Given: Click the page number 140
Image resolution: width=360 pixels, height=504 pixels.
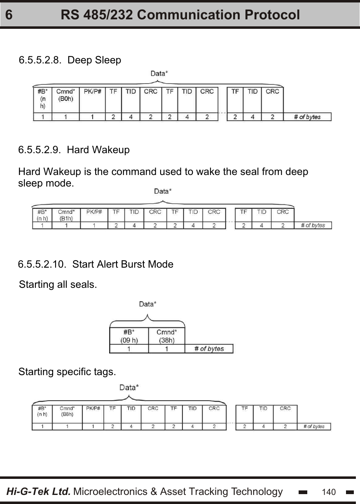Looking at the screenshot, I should pyautogui.click(x=329, y=492).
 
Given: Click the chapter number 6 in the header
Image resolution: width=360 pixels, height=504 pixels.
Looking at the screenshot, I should pyautogui.click(x=9, y=15).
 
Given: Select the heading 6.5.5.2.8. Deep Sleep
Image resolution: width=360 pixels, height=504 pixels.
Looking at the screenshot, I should pyautogui.click(x=70, y=60).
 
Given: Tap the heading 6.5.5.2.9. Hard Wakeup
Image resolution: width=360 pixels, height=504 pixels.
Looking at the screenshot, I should pyautogui.click(x=74, y=150).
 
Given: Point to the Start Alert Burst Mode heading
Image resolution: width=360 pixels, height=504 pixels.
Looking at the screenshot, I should pyautogui.click(x=96, y=264).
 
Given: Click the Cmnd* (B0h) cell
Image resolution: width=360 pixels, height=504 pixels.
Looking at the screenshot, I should pyautogui.click(x=65, y=95).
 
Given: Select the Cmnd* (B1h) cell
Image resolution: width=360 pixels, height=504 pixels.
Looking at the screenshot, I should pyautogui.click(x=66, y=215).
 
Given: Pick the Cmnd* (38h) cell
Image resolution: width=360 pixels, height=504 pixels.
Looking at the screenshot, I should pyautogui.click(x=166, y=336).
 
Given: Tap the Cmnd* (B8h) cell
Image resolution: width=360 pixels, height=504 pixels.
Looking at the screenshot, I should pyautogui.click(x=67, y=411).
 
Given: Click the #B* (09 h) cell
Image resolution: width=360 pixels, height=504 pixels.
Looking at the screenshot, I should pyautogui.click(x=129, y=336).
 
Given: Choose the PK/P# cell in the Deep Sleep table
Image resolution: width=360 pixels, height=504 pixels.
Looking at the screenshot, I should pyautogui.click(x=92, y=91).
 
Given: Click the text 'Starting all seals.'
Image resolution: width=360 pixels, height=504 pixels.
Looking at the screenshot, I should pyautogui.click(x=58, y=285).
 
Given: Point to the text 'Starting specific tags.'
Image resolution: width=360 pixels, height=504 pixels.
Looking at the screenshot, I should pyautogui.click(x=67, y=372).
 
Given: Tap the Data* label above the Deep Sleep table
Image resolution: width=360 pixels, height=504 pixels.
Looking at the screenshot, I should pyautogui.click(x=159, y=74).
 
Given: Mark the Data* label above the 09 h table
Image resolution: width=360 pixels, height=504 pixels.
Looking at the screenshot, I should pyautogui.click(x=147, y=304).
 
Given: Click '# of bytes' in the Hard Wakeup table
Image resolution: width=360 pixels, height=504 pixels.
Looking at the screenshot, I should pyautogui.click(x=313, y=225).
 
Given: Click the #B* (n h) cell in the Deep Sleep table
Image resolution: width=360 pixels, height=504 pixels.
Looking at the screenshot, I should pyautogui.click(x=42, y=98).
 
